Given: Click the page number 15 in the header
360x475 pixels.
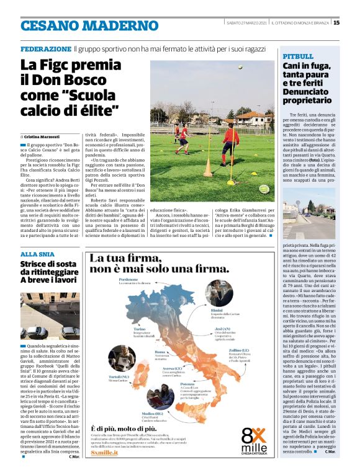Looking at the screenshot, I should [x=336, y=24].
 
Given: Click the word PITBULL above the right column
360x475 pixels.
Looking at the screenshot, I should [x=297, y=56].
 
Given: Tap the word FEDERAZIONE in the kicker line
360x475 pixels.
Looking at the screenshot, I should [x=45, y=48].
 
